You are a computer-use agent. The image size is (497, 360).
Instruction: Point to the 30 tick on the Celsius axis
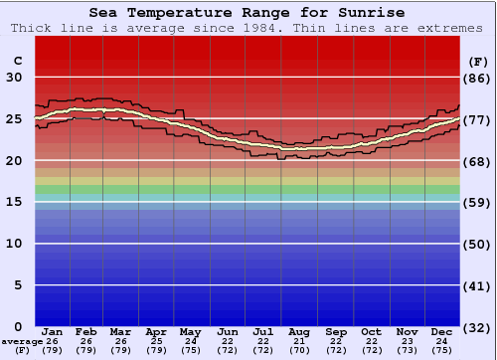point(14,78)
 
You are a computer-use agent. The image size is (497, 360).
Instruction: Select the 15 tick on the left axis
point(14,202)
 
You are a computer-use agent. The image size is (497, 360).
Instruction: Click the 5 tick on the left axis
point(18,285)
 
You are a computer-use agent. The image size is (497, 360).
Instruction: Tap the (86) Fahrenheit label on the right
point(477,78)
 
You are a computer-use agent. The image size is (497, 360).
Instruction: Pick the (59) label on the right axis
point(477,202)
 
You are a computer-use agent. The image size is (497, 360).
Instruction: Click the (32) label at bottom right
point(477,326)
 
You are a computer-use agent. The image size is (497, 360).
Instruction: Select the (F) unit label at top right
point(477,61)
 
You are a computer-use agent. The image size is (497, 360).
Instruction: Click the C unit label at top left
point(17,61)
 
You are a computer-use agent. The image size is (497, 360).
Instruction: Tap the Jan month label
point(53,331)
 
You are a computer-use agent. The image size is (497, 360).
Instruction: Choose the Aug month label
point(298,331)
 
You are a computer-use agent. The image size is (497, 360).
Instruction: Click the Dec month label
point(441,331)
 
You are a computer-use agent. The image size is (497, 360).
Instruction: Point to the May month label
point(191,331)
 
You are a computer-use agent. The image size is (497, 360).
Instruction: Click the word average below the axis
point(22,341)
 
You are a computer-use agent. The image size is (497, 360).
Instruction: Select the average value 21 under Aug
point(298,341)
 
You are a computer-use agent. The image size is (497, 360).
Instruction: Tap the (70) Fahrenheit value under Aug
point(298,350)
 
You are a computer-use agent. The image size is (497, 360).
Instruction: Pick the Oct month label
point(371,331)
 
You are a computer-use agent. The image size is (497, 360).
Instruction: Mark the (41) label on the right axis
point(477,285)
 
